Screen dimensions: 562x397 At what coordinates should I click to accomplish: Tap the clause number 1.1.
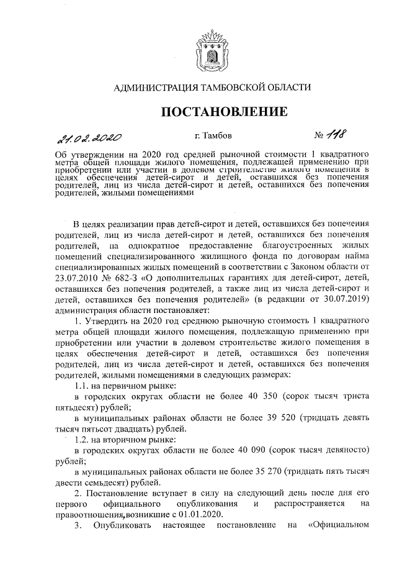(82, 386)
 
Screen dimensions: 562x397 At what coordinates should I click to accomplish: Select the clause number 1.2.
(82, 440)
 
